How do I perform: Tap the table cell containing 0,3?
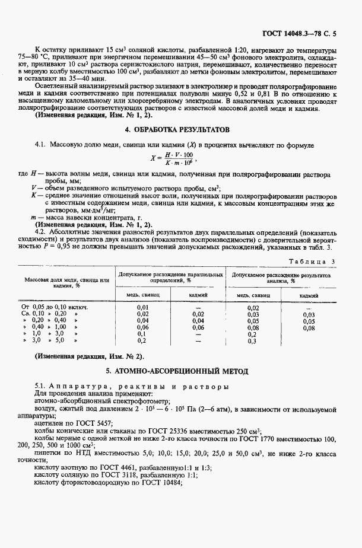pyautogui.click(x=252, y=341)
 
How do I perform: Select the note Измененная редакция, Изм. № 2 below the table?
pyautogui.click(x=89, y=356)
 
